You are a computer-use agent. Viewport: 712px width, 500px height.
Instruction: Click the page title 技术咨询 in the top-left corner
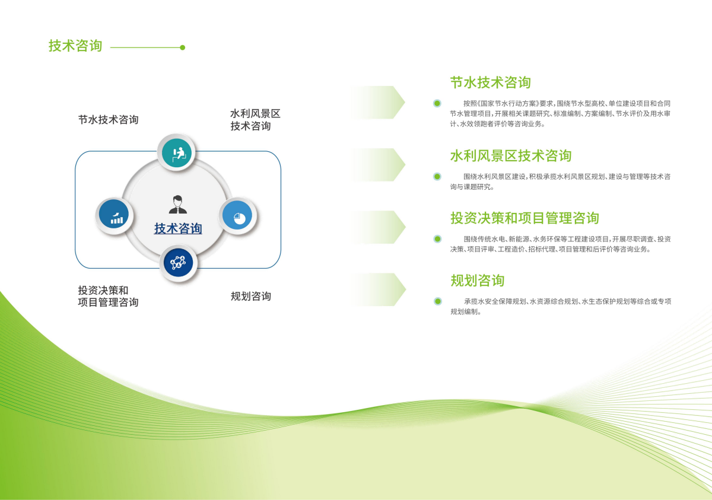(75, 46)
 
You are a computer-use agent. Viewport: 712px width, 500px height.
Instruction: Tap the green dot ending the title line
(183, 47)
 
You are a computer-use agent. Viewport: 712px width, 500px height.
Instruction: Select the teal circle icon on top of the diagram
(176, 152)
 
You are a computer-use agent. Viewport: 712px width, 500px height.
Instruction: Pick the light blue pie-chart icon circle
(237, 216)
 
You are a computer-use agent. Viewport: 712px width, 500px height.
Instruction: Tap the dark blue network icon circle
(179, 263)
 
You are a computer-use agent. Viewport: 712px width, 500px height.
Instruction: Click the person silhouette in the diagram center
(177, 204)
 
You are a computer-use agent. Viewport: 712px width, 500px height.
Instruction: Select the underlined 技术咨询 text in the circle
(178, 228)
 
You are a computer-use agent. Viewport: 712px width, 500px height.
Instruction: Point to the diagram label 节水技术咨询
(109, 120)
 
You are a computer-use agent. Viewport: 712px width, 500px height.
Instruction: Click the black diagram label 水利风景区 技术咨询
(255, 120)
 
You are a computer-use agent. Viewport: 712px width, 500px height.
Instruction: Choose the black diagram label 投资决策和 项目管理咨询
(108, 296)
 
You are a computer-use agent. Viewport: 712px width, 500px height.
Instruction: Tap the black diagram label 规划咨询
(251, 297)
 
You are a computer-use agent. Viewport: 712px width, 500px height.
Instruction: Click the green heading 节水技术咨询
(491, 82)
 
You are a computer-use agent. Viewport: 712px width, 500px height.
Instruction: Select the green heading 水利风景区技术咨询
(511, 156)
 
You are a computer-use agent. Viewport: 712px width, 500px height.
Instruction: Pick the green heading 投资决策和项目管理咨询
(525, 218)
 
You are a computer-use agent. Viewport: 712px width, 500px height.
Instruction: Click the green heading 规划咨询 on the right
(478, 281)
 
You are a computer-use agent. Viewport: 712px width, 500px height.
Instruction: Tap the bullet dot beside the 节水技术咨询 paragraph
(437, 103)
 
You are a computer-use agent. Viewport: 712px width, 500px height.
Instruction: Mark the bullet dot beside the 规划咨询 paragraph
(438, 301)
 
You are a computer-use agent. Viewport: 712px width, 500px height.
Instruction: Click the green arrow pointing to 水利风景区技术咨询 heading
(379, 164)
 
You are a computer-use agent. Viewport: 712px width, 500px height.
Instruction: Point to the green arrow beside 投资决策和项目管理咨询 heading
(379, 227)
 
